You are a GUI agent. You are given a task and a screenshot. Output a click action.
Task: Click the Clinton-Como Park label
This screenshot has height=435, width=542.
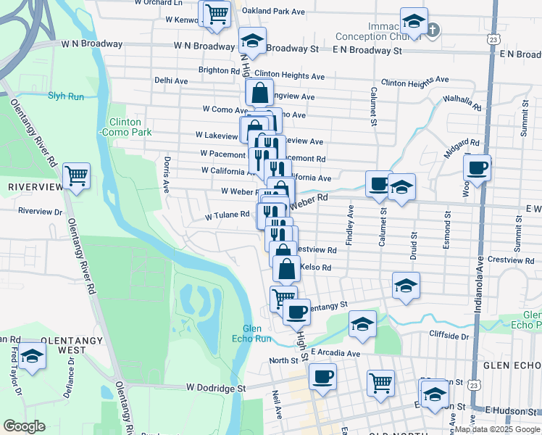[x=130, y=128]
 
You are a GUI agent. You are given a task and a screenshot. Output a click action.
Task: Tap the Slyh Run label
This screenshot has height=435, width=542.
[x=67, y=96]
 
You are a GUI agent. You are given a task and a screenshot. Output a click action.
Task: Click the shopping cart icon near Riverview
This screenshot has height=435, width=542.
[x=76, y=175]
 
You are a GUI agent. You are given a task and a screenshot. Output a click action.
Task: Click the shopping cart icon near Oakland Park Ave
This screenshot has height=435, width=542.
[x=216, y=14]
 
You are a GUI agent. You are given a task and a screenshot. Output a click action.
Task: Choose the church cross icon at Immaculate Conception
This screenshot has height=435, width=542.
[x=433, y=30]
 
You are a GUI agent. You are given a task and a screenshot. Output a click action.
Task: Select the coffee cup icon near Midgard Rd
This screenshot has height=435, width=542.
[x=477, y=168]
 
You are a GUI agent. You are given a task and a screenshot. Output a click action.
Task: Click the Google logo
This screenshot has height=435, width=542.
[x=25, y=426]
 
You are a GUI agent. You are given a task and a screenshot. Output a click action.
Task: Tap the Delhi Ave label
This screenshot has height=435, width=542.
[x=172, y=81]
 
